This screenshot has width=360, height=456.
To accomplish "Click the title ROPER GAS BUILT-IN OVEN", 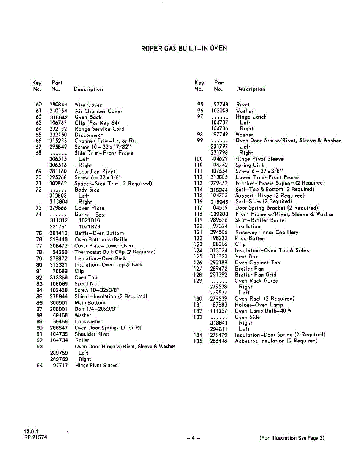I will pyautogui.click(x=184, y=48).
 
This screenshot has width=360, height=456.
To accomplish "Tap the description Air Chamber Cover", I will pyautogui.click(x=98, y=111).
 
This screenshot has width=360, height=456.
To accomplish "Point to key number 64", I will pyautogui.click(x=38, y=129).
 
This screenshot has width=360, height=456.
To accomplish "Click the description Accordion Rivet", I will pyautogui.click(x=95, y=171).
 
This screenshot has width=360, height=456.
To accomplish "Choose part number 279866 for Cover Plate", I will pyautogui.click(x=58, y=208).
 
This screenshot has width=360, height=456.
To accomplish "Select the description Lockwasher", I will pyautogui.click(x=88, y=321).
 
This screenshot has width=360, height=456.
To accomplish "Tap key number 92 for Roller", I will pyautogui.click(x=39, y=340).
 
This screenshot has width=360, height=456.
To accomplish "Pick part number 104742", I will pyautogui.click(x=219, y=165).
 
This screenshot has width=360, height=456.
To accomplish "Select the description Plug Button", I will pyautogui.click(x=250, y=238).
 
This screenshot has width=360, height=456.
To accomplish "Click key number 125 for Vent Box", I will pyautogui.click(x=198, y=256).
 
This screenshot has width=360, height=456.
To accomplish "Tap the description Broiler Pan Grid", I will pyautogui.click(x=256, y=274).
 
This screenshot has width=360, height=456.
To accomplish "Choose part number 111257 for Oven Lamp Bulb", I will pyautogui.click(x=219, y=311).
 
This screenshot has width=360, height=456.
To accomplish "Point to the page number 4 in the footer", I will pyautogui.click(x=193, y=438).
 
